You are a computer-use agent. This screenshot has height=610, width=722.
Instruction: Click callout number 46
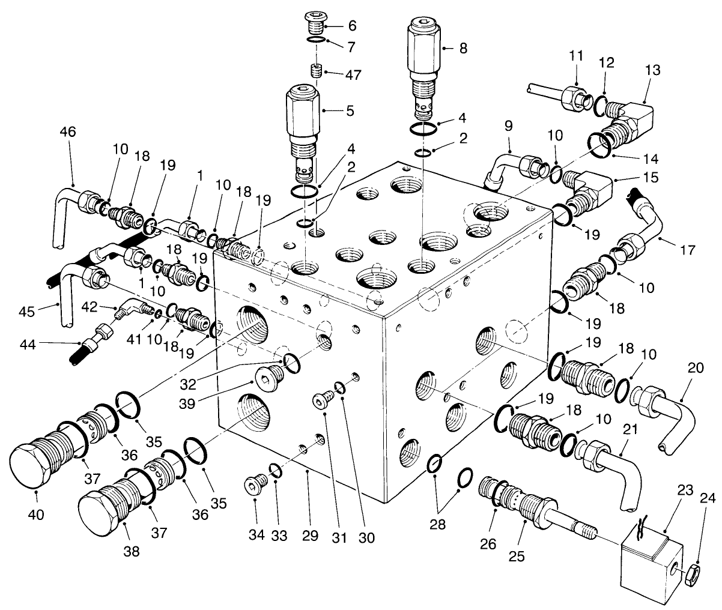coord(68,132)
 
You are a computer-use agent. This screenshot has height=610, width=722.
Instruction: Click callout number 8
coord(463,47)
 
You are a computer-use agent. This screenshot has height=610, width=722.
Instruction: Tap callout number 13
coord(652,70)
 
